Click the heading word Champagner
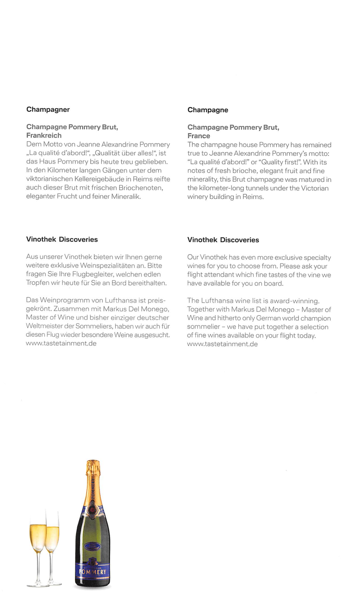point(48,110)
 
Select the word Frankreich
point(44,135)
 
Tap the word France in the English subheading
point(199,136)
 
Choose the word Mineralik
point(125,196)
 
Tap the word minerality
point(200,180)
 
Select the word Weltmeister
point(43,326)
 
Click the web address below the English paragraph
point(222,344)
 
